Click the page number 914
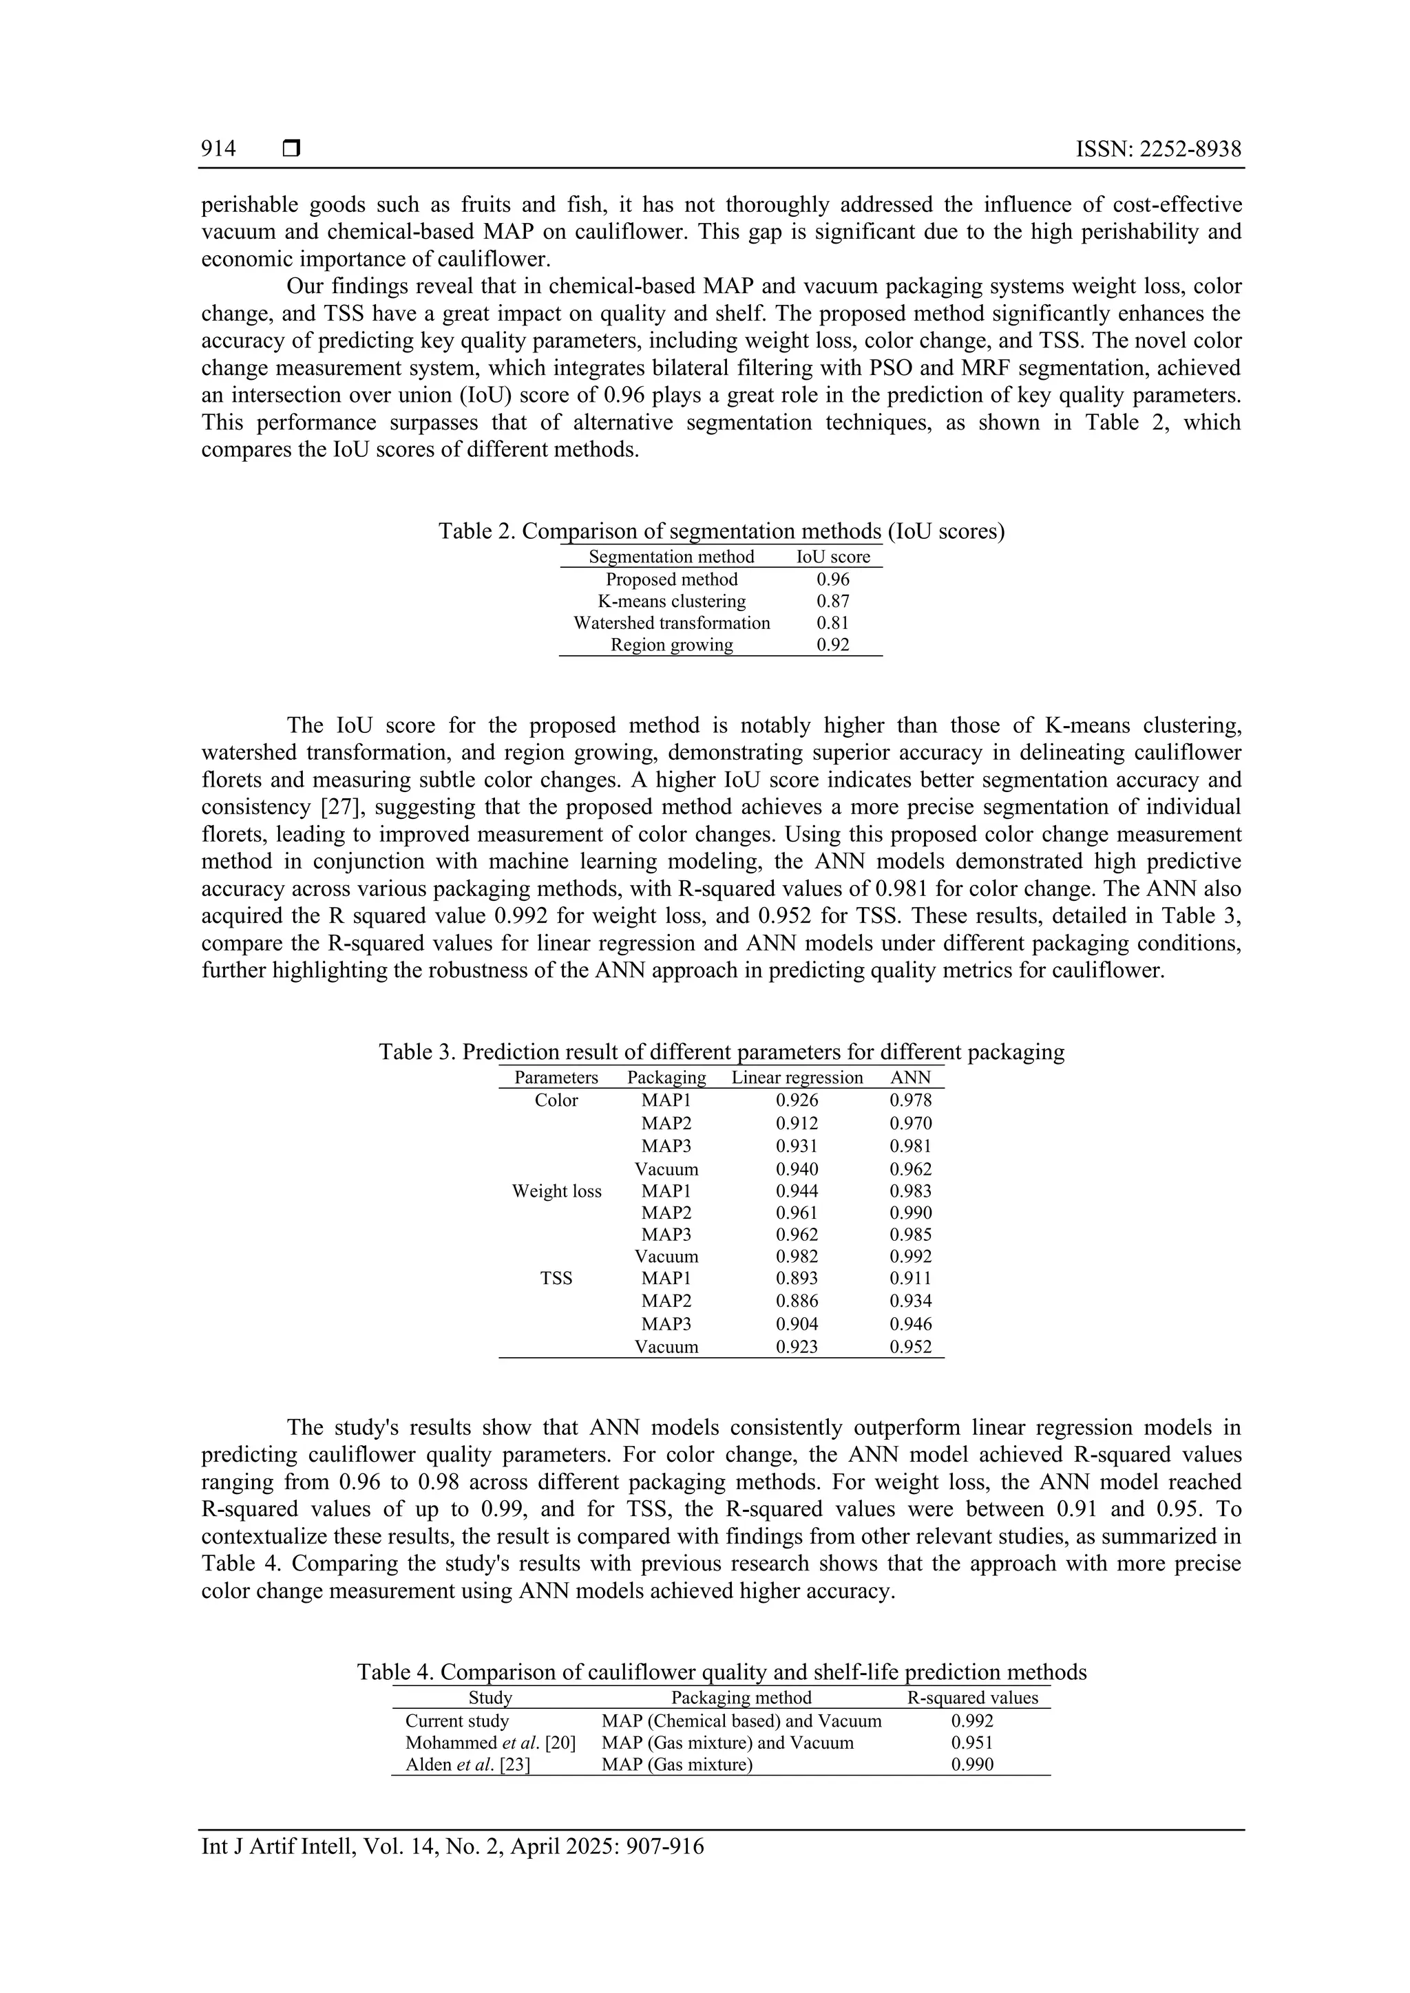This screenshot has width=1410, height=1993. coord(218,149)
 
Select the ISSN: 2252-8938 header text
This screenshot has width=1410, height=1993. coord(1158,149)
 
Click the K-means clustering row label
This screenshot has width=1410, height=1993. coord(671,601)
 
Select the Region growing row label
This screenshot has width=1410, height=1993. coord(671,645)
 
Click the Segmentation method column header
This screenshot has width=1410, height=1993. coord(671,557)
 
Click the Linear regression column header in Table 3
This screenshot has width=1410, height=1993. coord(797,1078)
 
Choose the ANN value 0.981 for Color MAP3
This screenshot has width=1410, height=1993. coord(911,1146)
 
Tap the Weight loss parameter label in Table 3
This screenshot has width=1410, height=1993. coord(556,1191)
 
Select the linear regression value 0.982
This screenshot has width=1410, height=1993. coord(797,1256)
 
